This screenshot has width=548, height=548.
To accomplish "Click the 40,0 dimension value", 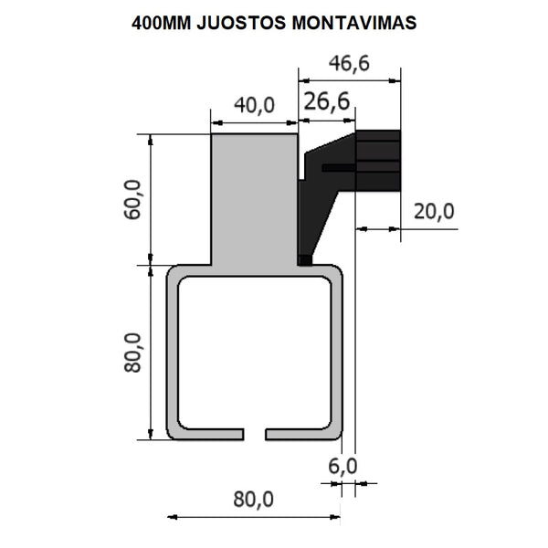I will (254, 105).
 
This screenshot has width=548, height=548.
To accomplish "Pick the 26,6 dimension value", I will (327, 101).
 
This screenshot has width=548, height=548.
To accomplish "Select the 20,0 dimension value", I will (433, 211).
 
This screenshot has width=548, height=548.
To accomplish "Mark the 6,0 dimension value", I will (344, 466).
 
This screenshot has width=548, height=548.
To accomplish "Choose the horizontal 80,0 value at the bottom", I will (253, 499).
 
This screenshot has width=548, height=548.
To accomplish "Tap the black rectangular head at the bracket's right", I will (378, 161).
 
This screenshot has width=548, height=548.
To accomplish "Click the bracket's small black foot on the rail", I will (305, 260).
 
